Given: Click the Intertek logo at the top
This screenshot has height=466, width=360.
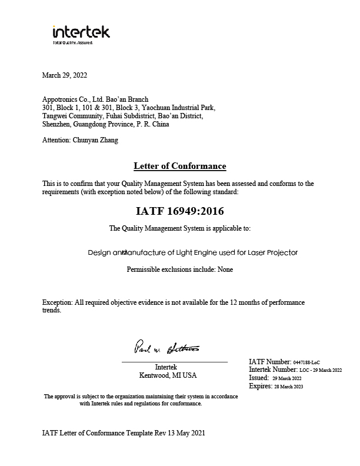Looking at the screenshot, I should click(81, 32).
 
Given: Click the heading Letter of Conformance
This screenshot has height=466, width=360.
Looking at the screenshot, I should click(179, 166).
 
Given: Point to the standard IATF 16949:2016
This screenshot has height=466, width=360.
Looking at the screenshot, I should click(179, 210).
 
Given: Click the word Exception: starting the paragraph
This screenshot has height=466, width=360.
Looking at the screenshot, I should click(58, 302).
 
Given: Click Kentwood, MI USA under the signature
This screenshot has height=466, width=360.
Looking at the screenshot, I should click(168, 375).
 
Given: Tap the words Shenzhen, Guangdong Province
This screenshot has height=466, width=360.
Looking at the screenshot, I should click(88, 124).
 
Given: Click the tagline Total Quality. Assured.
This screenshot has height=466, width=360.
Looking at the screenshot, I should click(73, 43).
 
